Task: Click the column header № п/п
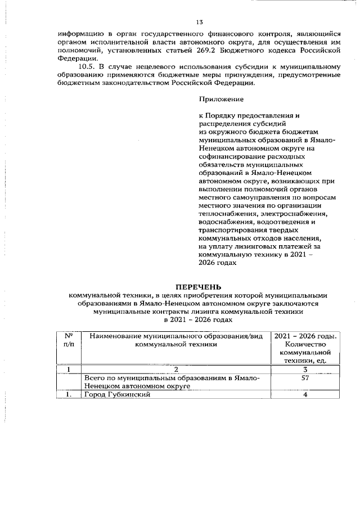point(70,340)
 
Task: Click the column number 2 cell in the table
point(175,370)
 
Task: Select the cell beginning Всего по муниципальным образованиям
point(172,382)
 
